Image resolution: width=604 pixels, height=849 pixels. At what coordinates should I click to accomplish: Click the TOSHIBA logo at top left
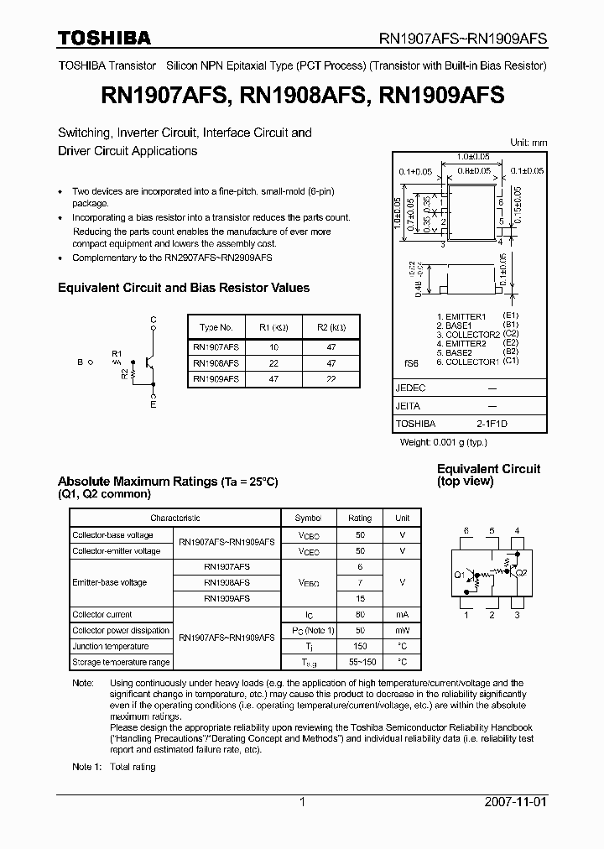[104, 38]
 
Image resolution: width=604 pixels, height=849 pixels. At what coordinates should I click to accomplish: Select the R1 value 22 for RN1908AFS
[273, 363]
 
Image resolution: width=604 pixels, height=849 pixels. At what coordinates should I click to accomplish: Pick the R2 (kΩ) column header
[331, 328]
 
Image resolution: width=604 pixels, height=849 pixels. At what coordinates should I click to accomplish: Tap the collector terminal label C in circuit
[153, 320]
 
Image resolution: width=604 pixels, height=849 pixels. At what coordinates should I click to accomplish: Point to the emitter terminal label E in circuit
[153, 405]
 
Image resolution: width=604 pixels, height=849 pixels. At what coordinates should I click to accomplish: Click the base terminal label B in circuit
[80, 362]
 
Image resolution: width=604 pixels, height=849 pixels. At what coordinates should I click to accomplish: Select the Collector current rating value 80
[360, 615]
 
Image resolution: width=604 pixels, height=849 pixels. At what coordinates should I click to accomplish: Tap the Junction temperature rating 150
[360, 647]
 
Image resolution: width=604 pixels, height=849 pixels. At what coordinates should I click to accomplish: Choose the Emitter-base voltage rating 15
[360, 599]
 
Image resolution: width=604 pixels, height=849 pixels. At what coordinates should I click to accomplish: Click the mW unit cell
[403, 631]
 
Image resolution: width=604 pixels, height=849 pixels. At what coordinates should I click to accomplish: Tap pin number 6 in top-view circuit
[466, 530]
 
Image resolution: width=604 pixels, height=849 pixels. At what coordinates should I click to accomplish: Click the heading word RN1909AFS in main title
[442, 96]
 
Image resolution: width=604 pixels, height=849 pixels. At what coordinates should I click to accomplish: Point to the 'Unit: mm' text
[528, 143]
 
